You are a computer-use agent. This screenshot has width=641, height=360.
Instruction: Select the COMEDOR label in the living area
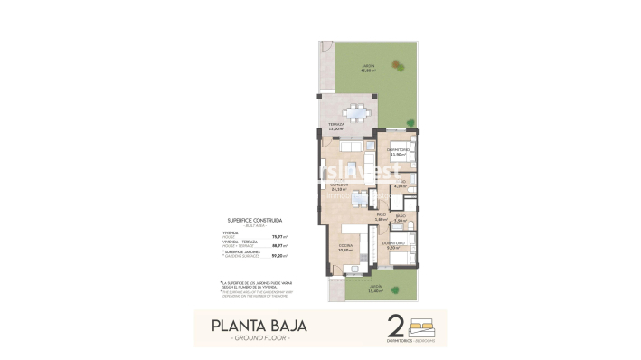tap(339, 185)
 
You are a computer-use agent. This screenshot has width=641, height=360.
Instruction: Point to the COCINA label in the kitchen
tap(345, 245)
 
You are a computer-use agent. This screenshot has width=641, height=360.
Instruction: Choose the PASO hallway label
tap(381, 214)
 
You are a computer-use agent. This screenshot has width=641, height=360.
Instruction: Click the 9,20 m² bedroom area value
tap(392, 247)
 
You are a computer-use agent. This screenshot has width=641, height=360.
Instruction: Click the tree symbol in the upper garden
tap(399, 62)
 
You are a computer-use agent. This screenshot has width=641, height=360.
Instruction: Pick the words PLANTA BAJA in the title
tap(259, 325)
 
